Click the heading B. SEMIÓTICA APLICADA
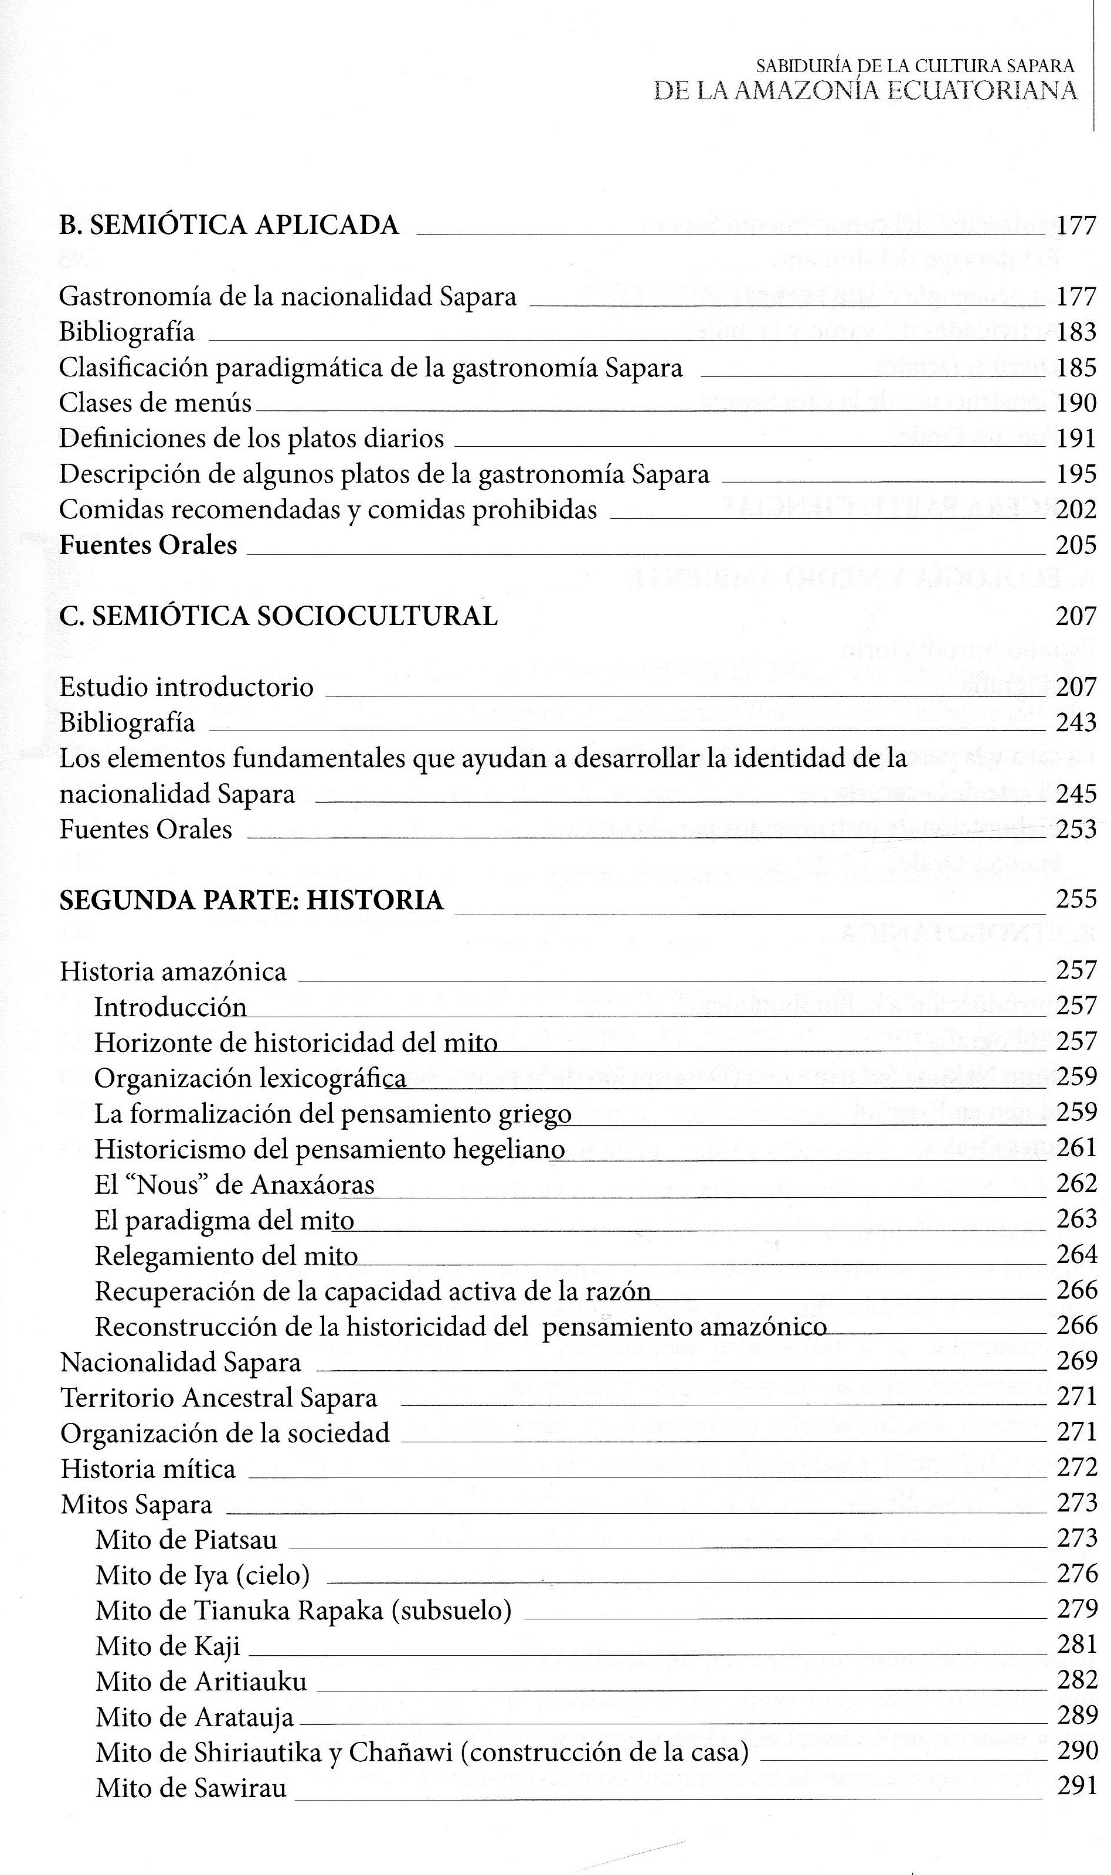(229, 225)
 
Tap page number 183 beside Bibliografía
(1076, 332)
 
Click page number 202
(1076, 509)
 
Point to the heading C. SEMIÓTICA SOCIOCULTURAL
(278, 616)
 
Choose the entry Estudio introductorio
(186, 687)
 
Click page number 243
(1076, 722)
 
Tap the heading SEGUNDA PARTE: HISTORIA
(252, 900)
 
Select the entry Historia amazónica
(173, 972)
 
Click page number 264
(1076, 1255)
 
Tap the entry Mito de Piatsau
(186, 1540)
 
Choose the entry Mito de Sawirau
(191, 1788)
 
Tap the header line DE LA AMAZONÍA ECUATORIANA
(865, 90)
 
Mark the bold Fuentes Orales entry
(148, 545)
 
